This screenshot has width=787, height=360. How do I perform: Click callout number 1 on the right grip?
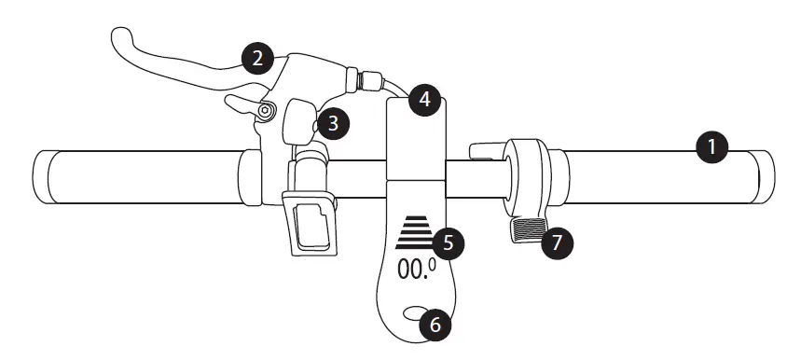pyautogui.click(x=712, y=147)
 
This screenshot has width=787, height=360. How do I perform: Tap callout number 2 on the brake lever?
pyautogui.click(x=256, y=59)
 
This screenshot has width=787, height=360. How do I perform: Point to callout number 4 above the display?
pyautogui.click(x=424, y=99)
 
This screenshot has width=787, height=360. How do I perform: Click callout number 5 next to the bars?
pyautogui.click(x=449, y=243)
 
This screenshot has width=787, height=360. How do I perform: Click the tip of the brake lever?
pyautogui.click(x=119, y=38)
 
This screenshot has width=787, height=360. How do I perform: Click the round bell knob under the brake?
pyautogui.click(x=301, y=119)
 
